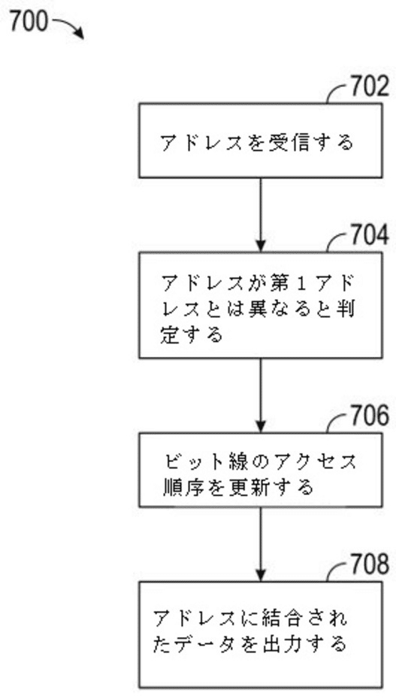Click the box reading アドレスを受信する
point(258,141)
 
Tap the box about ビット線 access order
point(258,470)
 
